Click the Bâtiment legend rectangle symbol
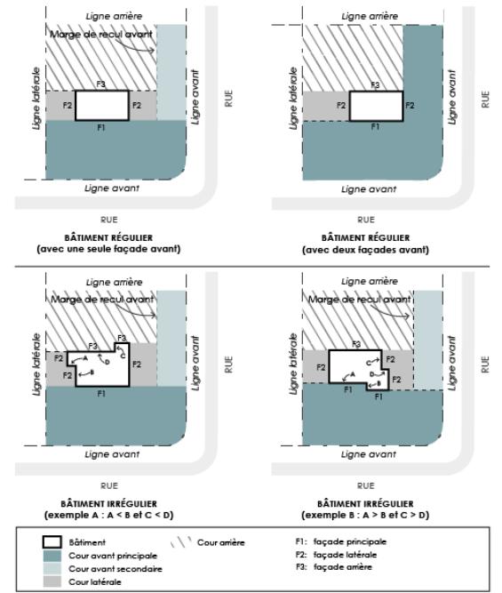52,542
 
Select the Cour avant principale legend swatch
52,556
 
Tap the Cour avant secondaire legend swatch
52,568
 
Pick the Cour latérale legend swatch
52,581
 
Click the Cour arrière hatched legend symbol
180,542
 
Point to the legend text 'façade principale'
350,541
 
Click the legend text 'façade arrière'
343,567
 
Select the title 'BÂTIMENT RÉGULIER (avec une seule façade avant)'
108,244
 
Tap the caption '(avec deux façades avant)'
365,250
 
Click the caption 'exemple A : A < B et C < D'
109,515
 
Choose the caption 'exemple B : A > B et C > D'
365,515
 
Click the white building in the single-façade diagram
102,106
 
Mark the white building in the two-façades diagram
376,106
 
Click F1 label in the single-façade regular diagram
101,128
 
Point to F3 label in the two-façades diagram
375,85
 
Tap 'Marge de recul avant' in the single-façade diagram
101,34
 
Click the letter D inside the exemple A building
108,362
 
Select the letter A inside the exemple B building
353,374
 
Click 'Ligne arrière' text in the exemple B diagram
370,281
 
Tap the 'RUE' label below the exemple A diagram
109,485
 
